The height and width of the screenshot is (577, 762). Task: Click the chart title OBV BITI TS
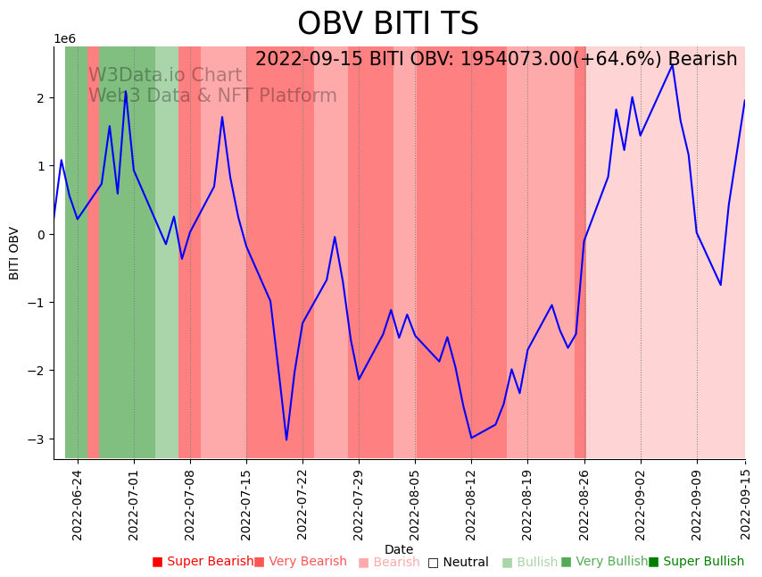pyautogui.click(x=387, y=24)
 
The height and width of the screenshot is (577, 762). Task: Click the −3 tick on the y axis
pyautogui.click(x=39, y=439)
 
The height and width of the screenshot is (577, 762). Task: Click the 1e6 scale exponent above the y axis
pyautogui.click(x=65, y=39)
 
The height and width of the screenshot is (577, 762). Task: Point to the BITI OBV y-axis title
pyautogui.click(x=14, y=253)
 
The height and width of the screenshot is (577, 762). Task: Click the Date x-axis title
pyautogui.click(x=399, y=549)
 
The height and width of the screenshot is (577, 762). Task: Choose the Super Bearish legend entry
pyautogui.click(x=203, y=562)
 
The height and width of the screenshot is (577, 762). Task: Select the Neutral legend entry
pyautogui.click(x=458, y=562)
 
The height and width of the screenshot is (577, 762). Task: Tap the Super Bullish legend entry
pyautogui.click(x=696, y=562)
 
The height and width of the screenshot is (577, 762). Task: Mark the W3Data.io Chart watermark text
pyautogui.click(x=165, y=76)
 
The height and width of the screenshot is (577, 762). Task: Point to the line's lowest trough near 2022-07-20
pyautogui.click(x=286, y=439)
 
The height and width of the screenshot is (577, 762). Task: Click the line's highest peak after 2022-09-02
pyautogui.click(x=673, y=64)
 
